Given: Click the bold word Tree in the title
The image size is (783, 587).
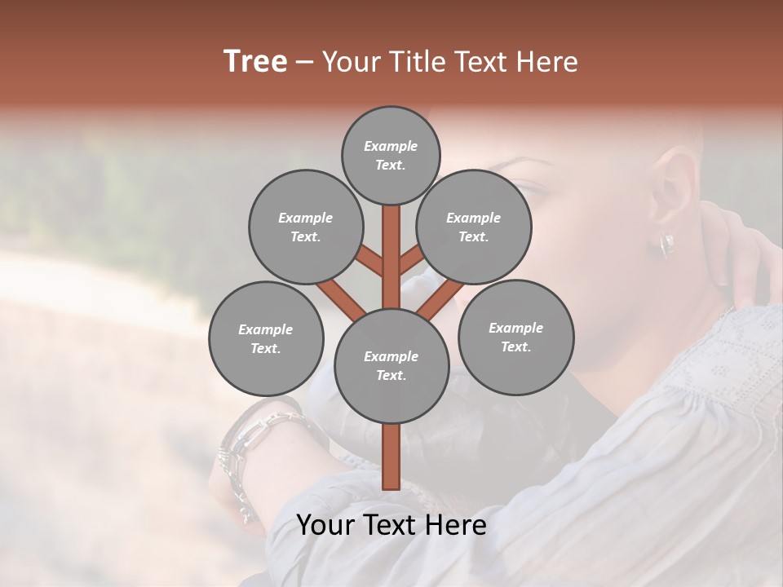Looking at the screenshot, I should tap(255, 61).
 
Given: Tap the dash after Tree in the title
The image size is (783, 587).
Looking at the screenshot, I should tap(304, 62).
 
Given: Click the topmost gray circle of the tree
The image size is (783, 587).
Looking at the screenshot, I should tap(391, 155).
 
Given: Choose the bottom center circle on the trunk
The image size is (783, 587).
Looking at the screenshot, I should tap(391, 366).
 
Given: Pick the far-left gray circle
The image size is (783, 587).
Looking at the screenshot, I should tap(266, 338).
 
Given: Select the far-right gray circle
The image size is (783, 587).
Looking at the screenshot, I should tap(515, 337).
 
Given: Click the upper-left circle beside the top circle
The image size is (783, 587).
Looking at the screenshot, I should tap(306, 227).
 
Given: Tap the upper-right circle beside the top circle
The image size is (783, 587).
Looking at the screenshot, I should tap(474, 227).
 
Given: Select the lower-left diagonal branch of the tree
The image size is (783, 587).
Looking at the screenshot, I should tap(341, 298).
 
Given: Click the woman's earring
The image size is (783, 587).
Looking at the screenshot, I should tap(666, 245).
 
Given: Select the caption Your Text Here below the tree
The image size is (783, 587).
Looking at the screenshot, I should tap(391, 525).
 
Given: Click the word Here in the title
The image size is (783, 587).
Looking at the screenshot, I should tap(546, 61).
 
